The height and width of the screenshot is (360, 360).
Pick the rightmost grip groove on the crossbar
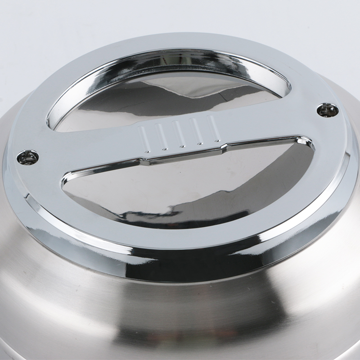(x=213, y=129)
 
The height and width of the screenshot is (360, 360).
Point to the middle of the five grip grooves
(x=179, y=134)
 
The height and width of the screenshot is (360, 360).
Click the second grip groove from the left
(x=161, y=136)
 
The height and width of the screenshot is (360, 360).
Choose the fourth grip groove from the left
(x=196, y=131)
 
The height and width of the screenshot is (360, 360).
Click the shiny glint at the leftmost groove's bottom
(x=146, y=152)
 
